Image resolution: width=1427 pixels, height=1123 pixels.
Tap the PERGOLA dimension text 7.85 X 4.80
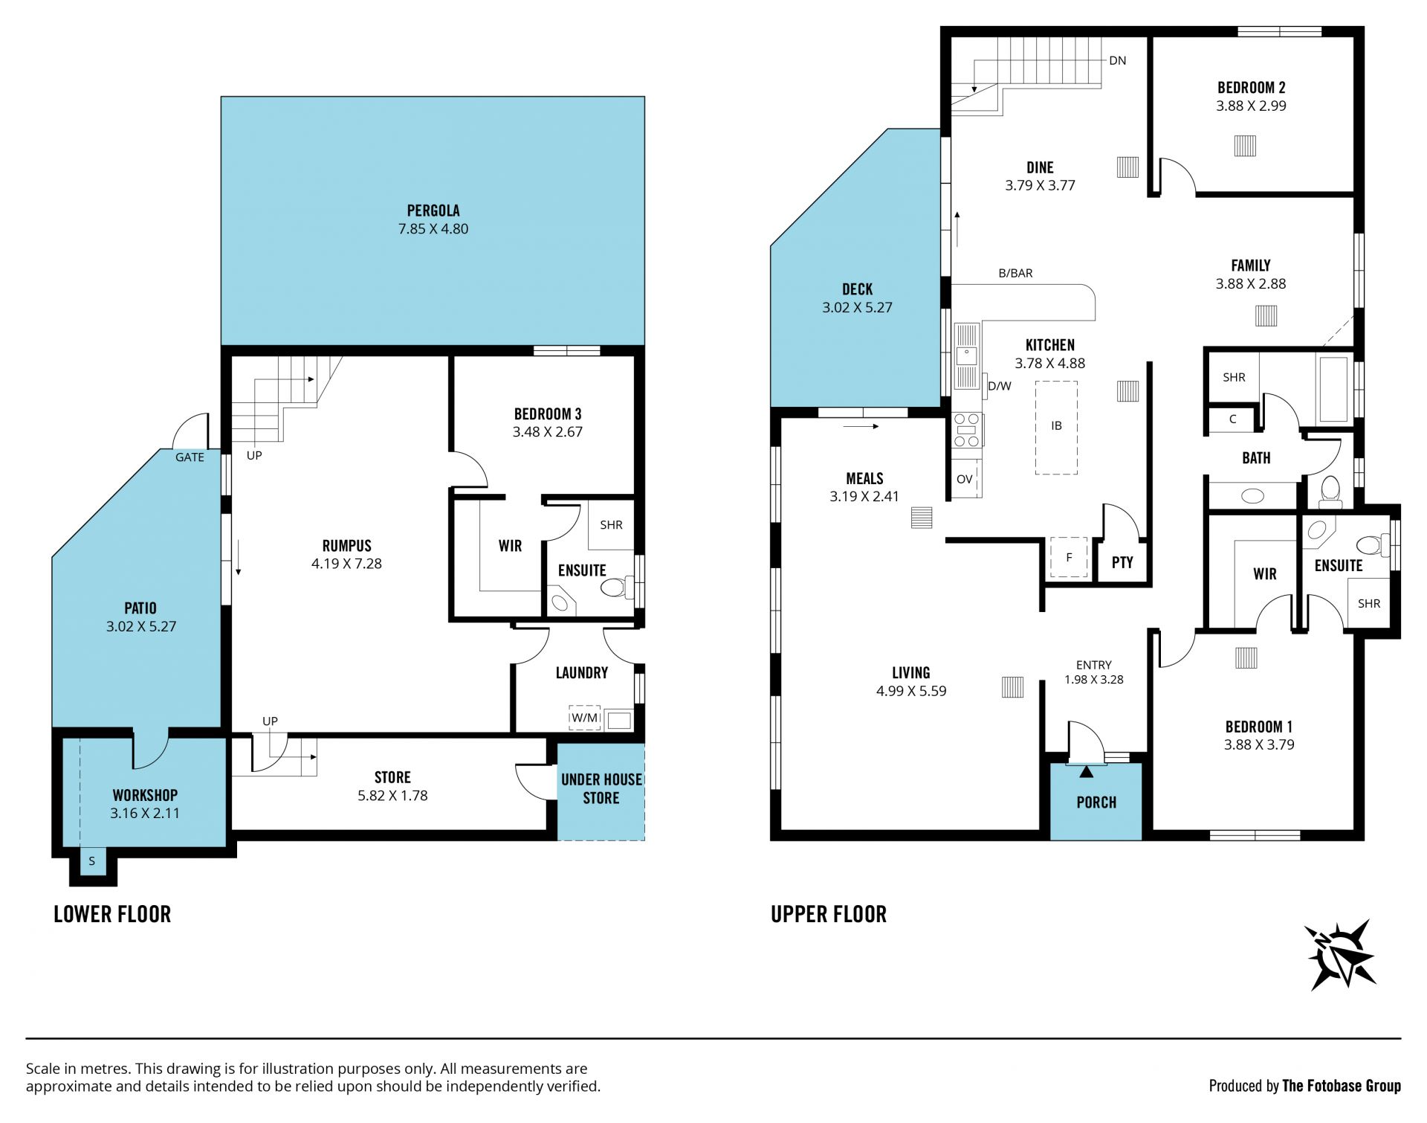[x=433, y=229]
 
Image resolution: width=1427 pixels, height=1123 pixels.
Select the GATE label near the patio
[x=190, y=457]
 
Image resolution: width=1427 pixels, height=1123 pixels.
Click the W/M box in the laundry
[x=584, y=718]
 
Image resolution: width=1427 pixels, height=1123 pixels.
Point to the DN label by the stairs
[x=1117, y=61]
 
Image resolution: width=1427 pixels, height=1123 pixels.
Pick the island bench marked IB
[x=1056, y=427]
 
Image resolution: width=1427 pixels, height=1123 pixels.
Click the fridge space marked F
[x=1069, y=558]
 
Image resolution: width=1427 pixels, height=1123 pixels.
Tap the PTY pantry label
[x=1122, y=562]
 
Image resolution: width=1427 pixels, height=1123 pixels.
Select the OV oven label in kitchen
[x=965, y=479]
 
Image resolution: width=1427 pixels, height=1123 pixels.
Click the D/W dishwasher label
[x=1000, y=386]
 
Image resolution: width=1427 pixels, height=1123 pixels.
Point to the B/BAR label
[x=1015, y=273]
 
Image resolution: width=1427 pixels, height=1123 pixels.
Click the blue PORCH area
[x=1096, y=802]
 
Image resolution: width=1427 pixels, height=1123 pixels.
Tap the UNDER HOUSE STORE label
[x=601, y=789]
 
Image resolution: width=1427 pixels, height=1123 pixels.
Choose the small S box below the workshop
[x=92, y=862]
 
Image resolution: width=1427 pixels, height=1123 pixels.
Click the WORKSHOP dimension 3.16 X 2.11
[x=145, y=814]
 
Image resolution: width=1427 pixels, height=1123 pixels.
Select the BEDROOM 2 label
[x=1251, y=88]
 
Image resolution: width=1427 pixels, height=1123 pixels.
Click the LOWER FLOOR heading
[x=112, y=914]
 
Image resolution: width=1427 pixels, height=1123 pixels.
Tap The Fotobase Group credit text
[x=1342, y=1086]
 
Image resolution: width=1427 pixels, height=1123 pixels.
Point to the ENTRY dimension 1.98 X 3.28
[x=1094, y=680]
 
